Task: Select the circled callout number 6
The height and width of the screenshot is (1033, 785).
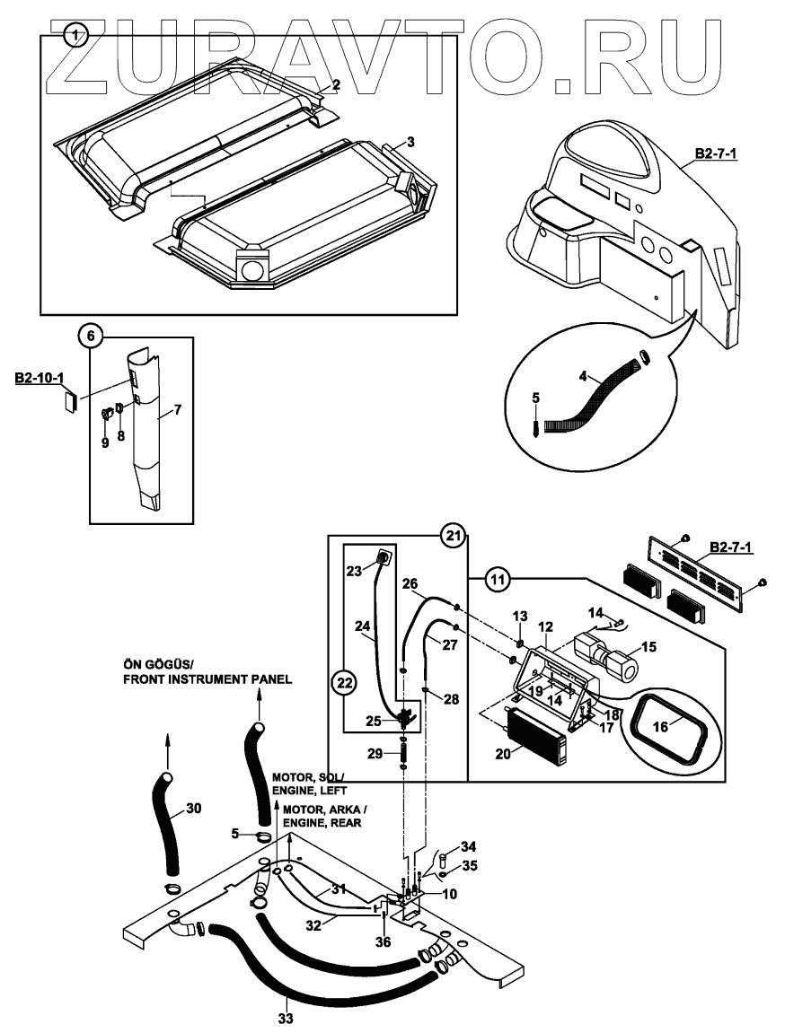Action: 90,337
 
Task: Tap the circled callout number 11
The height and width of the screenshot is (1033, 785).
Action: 495,578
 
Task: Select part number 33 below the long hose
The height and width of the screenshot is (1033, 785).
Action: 285,1019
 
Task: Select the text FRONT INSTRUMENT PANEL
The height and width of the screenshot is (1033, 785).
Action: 207,679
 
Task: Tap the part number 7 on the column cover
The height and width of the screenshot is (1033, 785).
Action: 178,409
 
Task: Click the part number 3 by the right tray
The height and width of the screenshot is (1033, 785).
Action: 410,142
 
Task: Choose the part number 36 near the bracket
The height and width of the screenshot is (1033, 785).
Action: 384,941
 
